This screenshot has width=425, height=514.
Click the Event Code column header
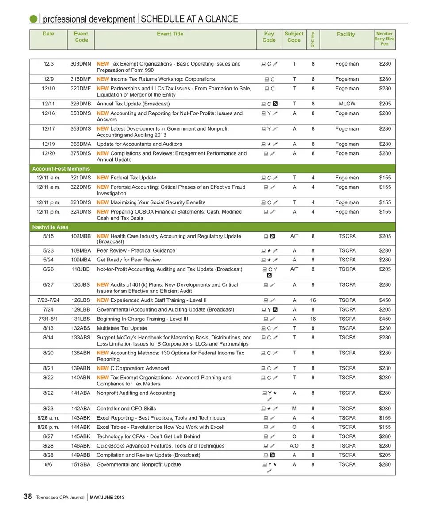(x=81, y=37)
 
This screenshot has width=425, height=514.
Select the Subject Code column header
(x=294, y=37)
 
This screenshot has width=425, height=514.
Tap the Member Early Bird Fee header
(x=384, y=39)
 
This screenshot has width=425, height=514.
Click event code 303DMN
(x=81, y=64)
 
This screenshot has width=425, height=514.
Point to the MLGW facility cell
(x=347, y=104)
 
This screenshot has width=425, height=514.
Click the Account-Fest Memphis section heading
(x=61, y=168)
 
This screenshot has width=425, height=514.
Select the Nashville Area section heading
(x=50, y=227)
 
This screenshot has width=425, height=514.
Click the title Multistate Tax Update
(x=122, y=328)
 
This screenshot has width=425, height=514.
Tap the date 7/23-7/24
(x=49, y=300)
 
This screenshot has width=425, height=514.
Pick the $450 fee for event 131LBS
(x=385, y=319)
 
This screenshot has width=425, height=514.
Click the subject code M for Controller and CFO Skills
(x=294, y=409)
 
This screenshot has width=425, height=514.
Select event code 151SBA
(x=81, y=464)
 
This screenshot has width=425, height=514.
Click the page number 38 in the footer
(x=27, y=497)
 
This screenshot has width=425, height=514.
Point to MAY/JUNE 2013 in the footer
(x=107, y=498)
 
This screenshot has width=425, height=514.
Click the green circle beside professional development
(x=33, y=19)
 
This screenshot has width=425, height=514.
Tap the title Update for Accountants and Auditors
(x=139, y=144)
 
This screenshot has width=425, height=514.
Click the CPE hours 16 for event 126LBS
(x=313, y=300)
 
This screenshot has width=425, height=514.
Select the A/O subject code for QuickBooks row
(x=294, y=446)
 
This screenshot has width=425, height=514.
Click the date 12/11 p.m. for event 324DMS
(x=49, y=212)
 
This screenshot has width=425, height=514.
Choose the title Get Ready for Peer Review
(x=128, y=260)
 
